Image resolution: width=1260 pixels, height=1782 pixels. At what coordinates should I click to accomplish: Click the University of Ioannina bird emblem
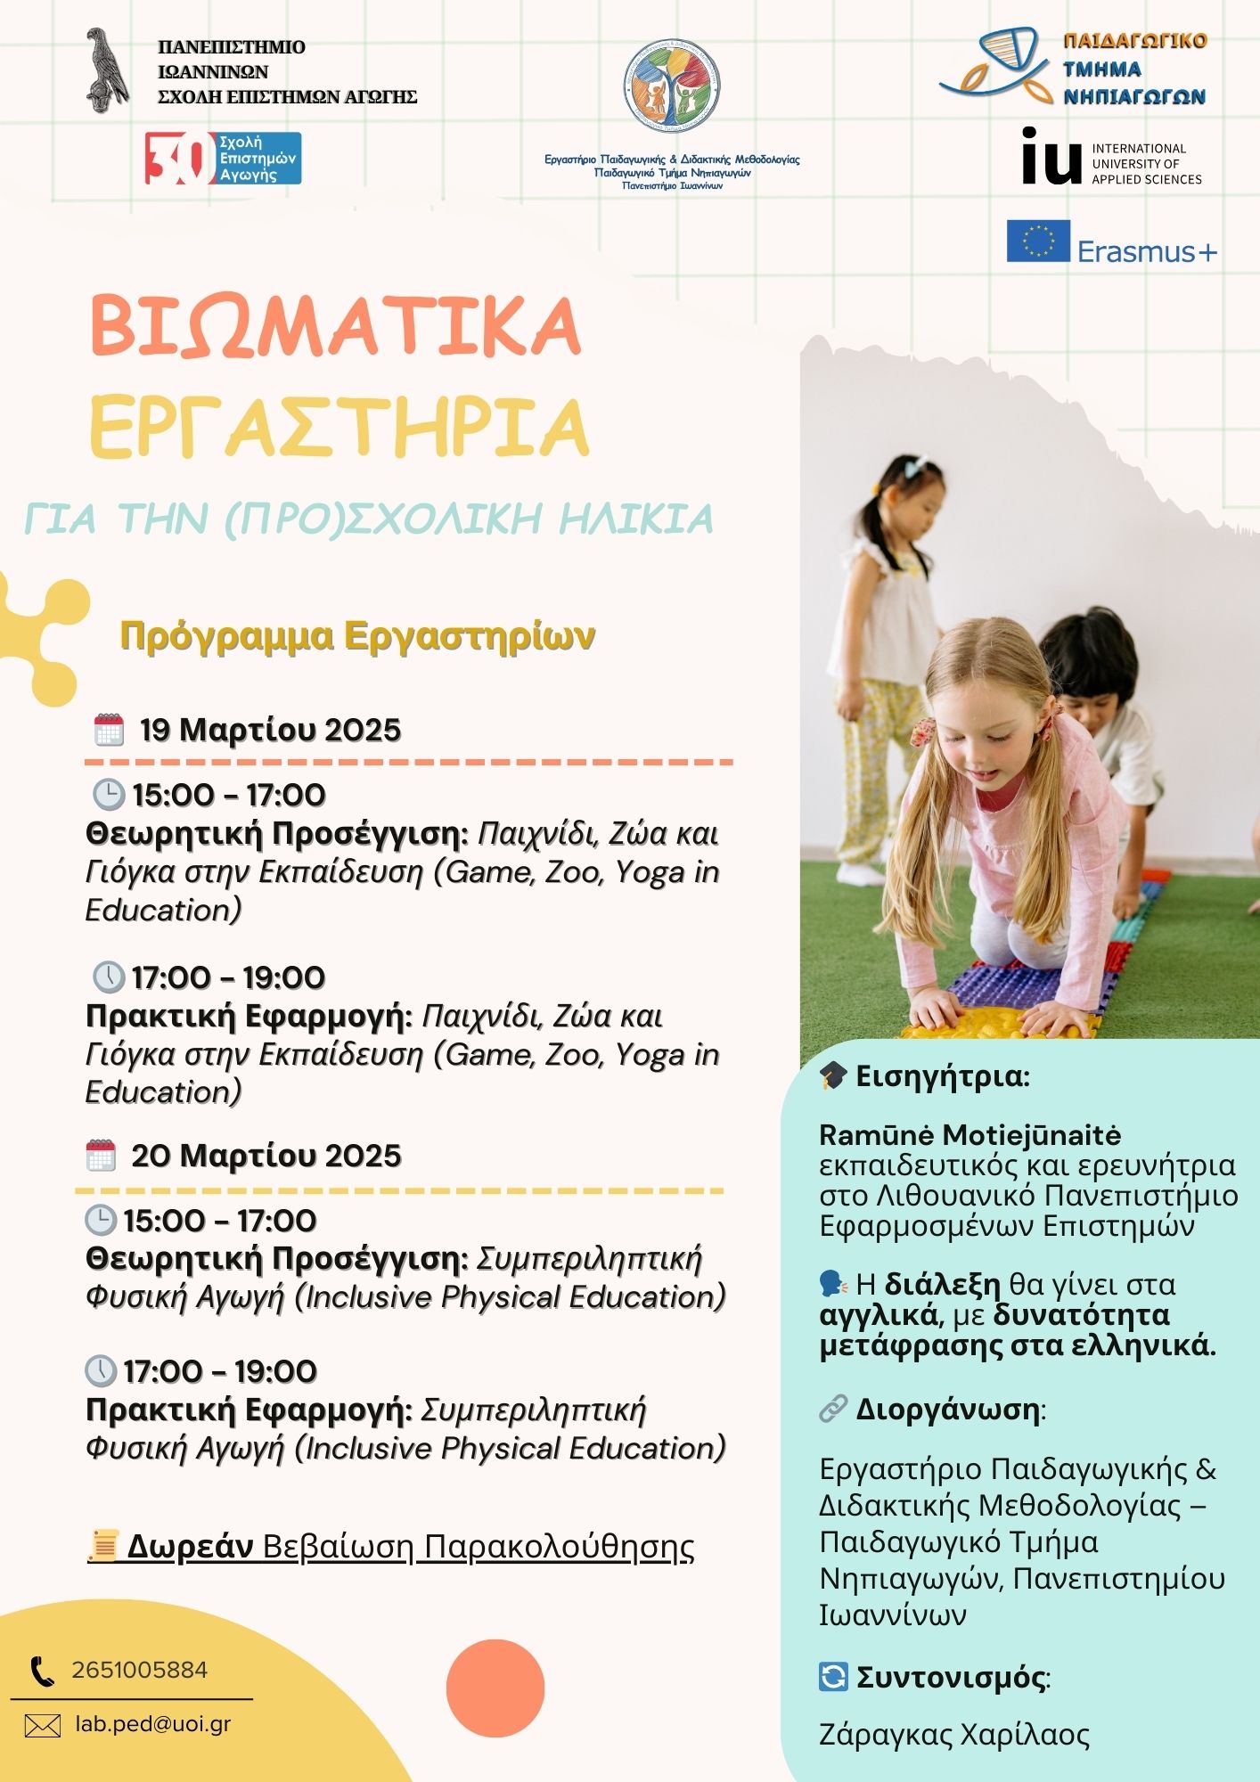coord(107,71)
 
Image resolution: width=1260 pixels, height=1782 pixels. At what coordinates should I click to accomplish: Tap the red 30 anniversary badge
coord(179,159)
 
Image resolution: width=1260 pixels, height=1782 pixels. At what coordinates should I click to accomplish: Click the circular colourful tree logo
coord(672,87)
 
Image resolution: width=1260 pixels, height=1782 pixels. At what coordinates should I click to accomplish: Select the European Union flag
coord(1038,241)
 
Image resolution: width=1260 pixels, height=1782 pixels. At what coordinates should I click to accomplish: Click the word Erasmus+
coord(1147,252)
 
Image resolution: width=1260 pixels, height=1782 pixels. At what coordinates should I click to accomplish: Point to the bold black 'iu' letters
coord(1051,157)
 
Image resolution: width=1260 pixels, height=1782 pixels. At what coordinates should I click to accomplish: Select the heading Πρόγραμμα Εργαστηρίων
coord(357,636)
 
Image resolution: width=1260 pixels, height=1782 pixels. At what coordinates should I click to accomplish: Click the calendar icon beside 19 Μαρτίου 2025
coord(109,730)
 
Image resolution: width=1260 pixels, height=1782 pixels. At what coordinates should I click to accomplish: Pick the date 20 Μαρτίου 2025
coord(266,1156)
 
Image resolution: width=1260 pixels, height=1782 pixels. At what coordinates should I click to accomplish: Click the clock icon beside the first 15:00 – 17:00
coord(109,794)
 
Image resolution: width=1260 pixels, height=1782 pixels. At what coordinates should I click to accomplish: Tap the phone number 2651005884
coord(140,1670)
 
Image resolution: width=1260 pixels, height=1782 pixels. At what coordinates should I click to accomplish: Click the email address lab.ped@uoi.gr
coord(153,1724)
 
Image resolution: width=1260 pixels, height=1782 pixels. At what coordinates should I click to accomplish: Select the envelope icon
coord(43,1726)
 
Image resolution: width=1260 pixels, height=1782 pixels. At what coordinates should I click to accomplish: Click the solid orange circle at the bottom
coord(495,1688)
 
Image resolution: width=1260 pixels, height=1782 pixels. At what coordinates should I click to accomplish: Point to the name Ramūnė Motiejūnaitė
coord(970,1135)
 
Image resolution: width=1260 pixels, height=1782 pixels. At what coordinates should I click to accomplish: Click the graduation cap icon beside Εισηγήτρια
coord(833,1075)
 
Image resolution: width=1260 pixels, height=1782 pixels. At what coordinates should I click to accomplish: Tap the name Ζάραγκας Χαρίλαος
coord(954,1736)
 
